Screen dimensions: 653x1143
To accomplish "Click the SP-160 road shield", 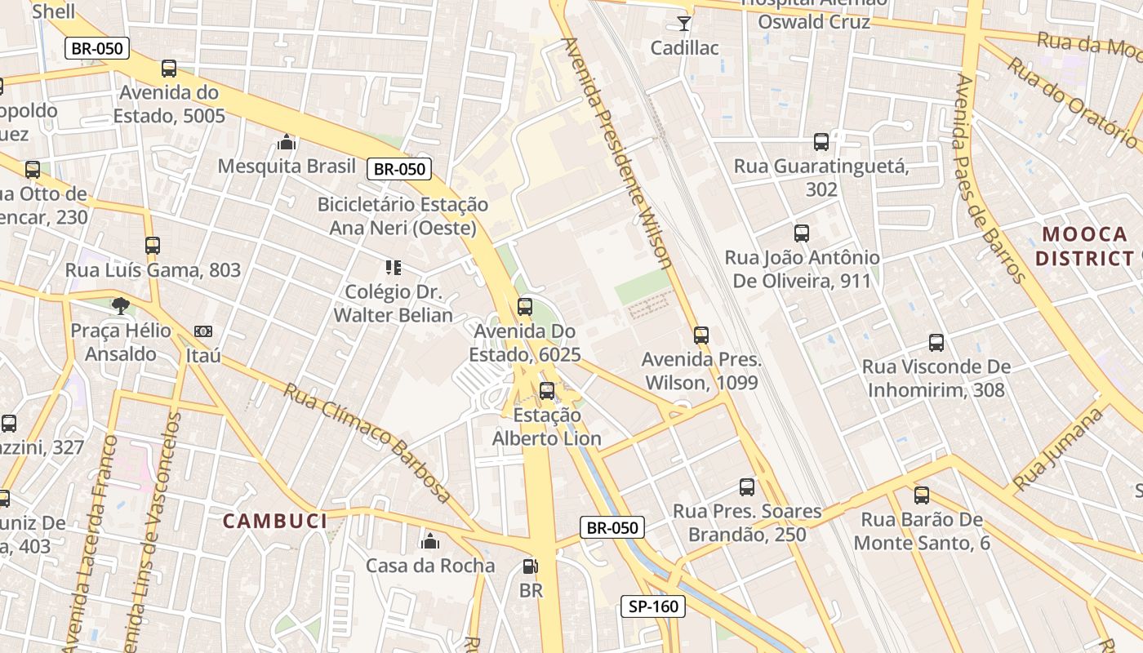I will [x=653, y=606].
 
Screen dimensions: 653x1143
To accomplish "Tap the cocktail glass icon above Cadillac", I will [x=684, y=23].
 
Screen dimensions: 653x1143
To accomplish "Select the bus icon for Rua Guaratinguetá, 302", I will [x=821, y=142].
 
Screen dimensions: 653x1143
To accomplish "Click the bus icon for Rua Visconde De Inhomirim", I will [x=936, y=343].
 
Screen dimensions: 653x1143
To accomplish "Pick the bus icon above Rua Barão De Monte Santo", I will [x=922, y=495].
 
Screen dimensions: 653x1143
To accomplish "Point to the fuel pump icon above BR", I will [x=531, y=566].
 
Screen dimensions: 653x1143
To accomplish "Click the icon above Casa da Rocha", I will [x=430, y=541].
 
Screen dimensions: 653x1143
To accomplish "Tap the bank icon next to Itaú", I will [x=203, y=331].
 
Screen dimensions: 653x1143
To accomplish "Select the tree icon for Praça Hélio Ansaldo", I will [x=121, y=306].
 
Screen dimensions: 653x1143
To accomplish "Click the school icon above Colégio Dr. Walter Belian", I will [x=394, y=268].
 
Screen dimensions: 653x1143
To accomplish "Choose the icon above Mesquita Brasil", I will [x=287, y=142].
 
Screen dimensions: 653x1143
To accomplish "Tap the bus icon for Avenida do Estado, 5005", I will [x=169, y=69].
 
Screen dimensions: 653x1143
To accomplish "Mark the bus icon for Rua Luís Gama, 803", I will [x=153, y=245].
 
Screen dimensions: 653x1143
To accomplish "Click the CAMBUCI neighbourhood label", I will [x=275, y=521].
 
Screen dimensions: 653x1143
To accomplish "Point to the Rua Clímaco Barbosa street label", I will [x=367, y=442].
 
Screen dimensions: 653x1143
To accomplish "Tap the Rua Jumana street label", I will [x=1058, y=450].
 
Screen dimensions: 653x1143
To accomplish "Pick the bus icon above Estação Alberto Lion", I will [x=547, y=391].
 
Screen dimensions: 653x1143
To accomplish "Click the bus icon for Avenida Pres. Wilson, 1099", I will [x=700, y=335].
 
